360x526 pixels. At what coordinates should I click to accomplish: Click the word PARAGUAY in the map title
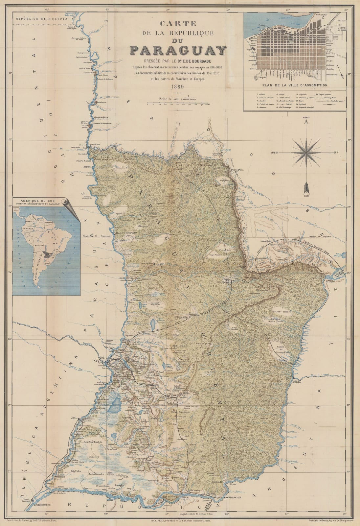tap(178, 50)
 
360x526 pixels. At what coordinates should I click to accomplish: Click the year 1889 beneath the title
tap(177, 87)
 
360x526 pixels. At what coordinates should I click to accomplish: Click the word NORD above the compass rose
tap(306, 118)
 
